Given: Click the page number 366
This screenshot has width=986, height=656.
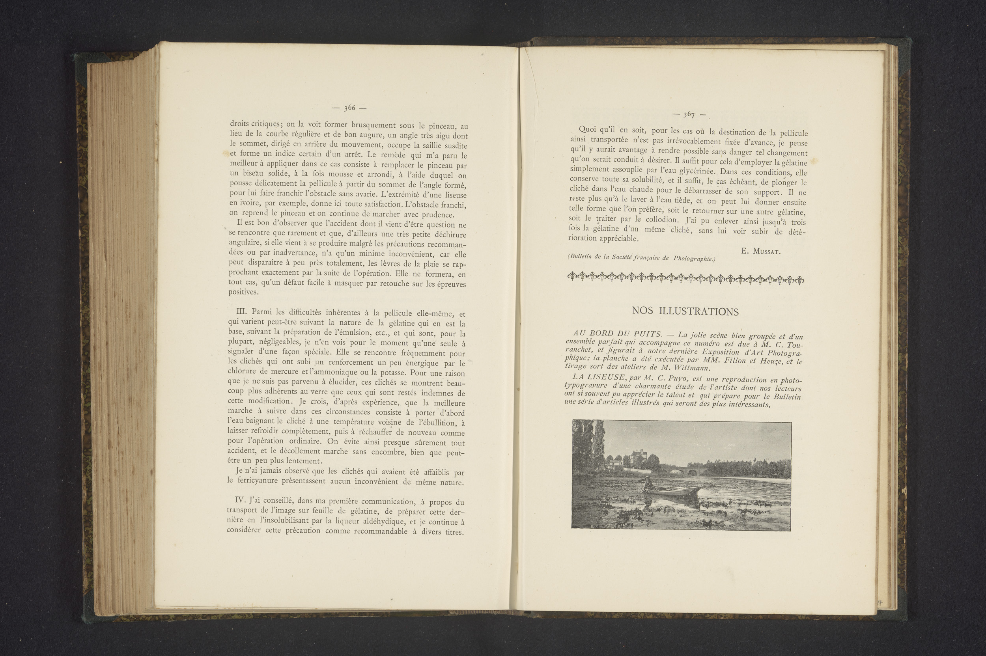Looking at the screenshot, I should pyautogui.click(x=349, y=108).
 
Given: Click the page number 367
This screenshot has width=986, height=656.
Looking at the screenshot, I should pyautogui.click(x=689, y=115).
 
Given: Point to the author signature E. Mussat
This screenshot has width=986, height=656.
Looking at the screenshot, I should pyautogui.click(x=760, y=252).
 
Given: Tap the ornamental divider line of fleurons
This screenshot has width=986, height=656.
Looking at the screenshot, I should pyautogui.click(x=685, y=278).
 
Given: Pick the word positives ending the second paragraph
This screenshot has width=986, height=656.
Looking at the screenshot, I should pyautogui.click(x=243, y=292).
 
